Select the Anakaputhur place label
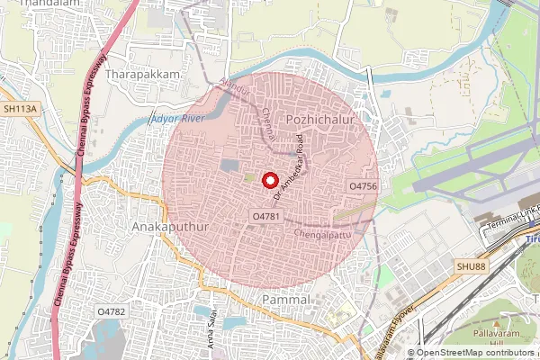point(169,227)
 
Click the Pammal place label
point(285,298)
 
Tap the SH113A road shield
point(22,108)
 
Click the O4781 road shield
point(267,217)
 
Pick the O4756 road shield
point(362,184)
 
